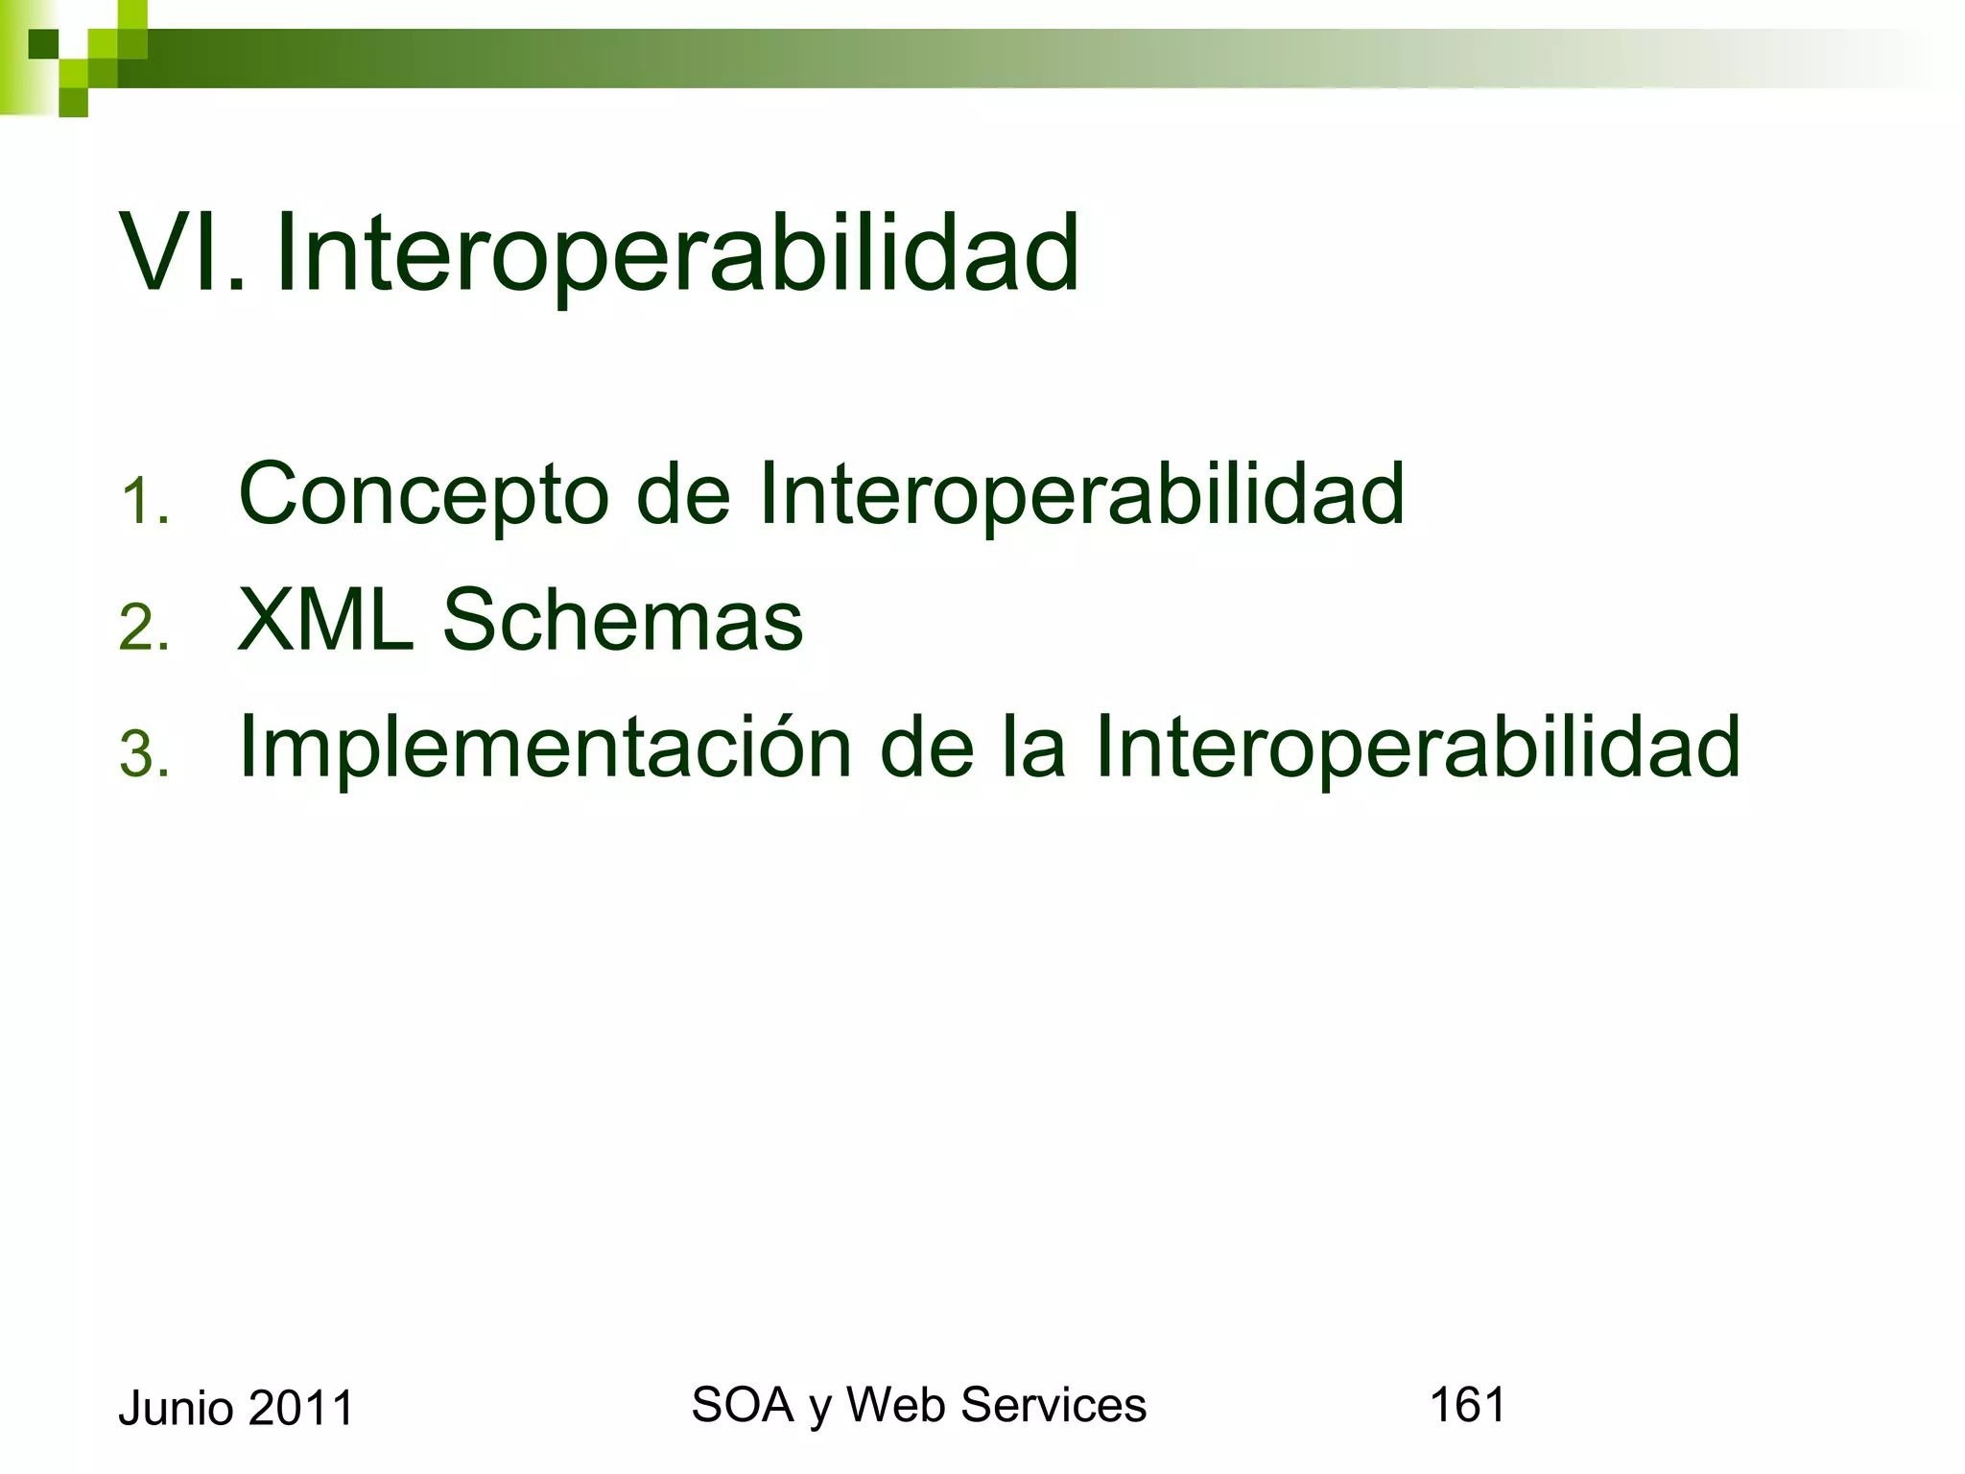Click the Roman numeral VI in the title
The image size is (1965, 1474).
coord(178,254)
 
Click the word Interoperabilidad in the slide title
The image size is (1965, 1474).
coord(677,254)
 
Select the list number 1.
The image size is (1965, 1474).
coord(144,502)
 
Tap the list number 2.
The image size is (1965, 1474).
coord(144,629)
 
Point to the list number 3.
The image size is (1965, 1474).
coord(144,754)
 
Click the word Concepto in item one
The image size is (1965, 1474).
coord(423,496)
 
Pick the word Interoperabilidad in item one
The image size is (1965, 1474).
coord(1081,496)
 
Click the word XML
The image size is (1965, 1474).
coord(325,621)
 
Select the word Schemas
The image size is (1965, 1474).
coord(622,621)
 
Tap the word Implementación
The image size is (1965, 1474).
coord(545,749)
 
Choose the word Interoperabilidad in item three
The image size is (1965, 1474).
coord(1416,749)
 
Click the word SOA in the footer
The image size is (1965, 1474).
coord(742,1405)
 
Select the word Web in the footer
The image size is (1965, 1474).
coord(896,1405)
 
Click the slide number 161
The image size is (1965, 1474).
coord(1467,1405)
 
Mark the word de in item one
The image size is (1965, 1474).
coord(683,496)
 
